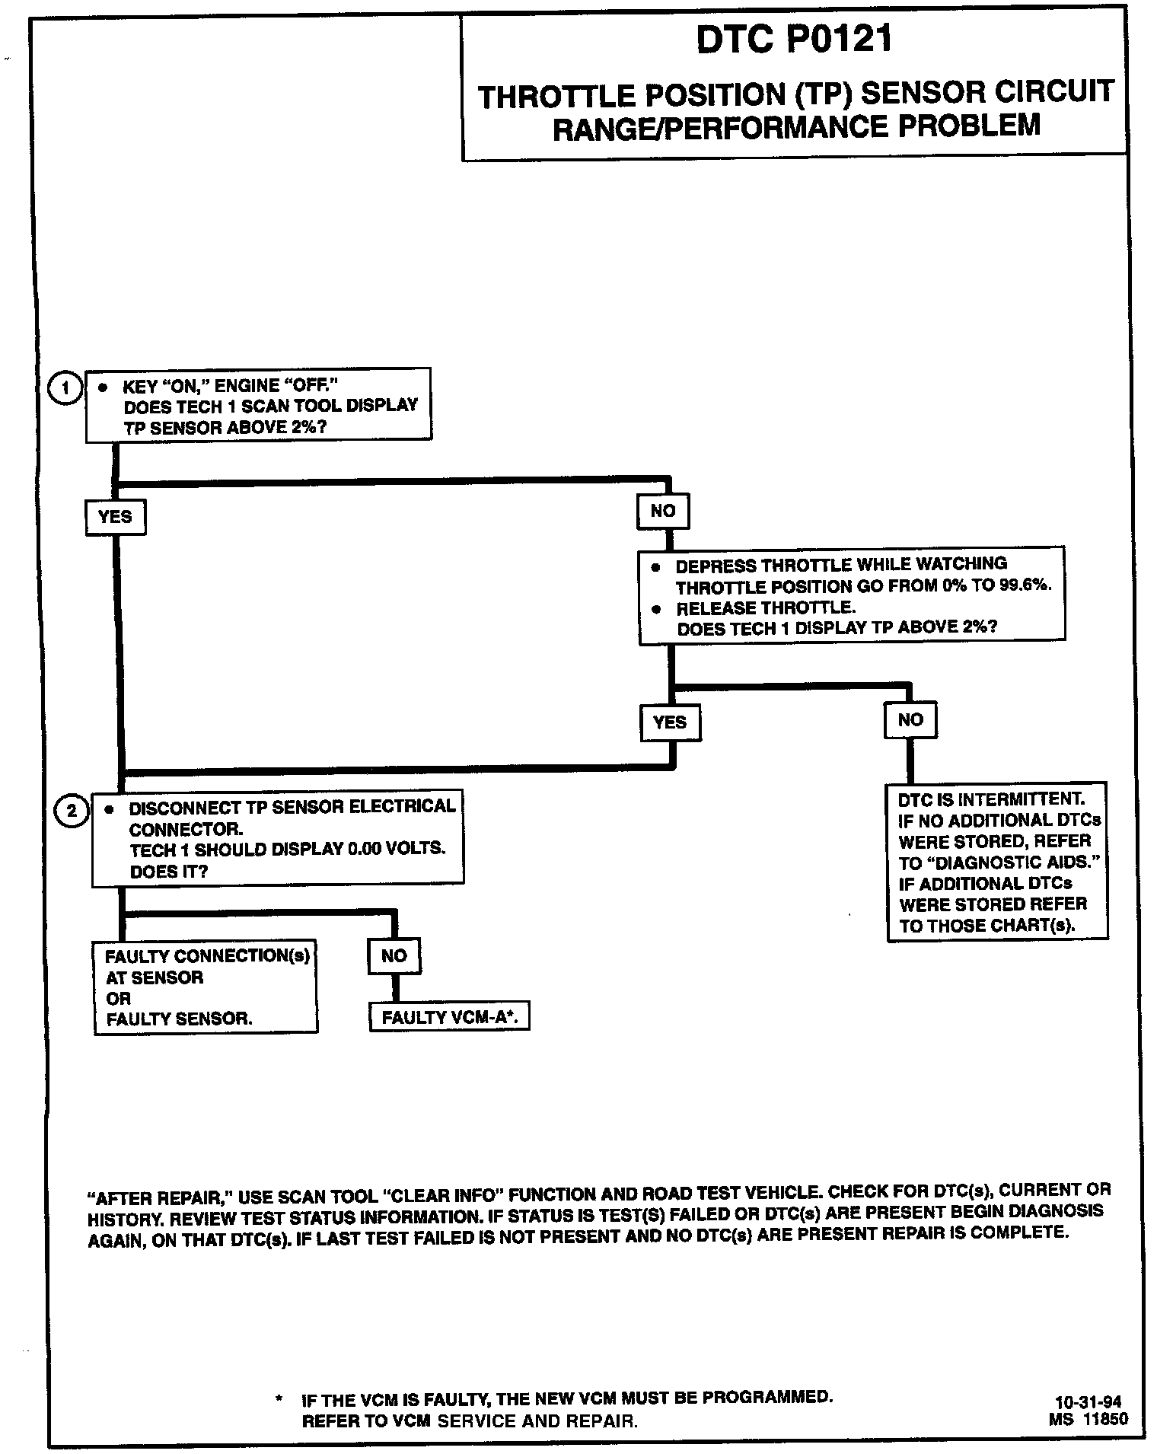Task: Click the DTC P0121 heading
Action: pos(794,40)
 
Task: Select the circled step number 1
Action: pos(65,388)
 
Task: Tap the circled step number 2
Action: pos(72,811)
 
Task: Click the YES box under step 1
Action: pos(115,517)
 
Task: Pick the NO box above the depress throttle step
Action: pos(663,512)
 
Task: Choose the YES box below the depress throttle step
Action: pos(670,722)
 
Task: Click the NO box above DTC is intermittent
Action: pos(910,719)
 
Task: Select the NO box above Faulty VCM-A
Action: pos(394,956)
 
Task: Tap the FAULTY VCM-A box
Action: pos(449,1018)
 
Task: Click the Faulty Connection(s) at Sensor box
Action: pos(206,987)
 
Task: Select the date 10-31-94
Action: pos(1088,1402)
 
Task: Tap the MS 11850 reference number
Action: pos(1088,1419)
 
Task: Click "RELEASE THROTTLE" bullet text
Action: pos(766,607)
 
